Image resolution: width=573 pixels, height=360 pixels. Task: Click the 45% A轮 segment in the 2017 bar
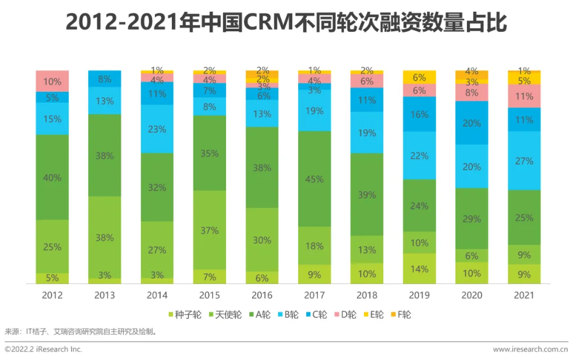pos(315,179)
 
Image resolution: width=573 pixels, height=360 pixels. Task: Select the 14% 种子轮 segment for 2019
pos(419,269)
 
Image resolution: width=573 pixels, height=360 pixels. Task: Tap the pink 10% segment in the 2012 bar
pos(53,81)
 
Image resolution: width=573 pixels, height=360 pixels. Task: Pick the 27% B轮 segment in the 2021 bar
pos(524,161)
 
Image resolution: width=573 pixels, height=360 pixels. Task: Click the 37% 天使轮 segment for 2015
pos(210,230)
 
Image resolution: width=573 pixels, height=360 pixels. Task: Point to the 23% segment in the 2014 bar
pos(157,129)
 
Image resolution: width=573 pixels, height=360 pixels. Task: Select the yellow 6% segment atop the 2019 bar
pos(419,77)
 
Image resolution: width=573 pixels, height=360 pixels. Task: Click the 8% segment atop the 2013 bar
pos(105,79)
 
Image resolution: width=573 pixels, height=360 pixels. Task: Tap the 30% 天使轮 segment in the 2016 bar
pos(262,240)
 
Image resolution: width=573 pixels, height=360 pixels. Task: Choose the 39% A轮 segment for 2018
pos(367,195)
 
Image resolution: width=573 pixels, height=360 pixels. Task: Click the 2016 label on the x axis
pos(262,295)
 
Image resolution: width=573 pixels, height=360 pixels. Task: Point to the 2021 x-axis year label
pos(524,295)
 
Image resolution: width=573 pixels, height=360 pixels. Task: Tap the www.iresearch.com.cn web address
pos(530,349)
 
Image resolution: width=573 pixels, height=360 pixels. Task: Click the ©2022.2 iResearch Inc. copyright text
pos(44,349)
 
